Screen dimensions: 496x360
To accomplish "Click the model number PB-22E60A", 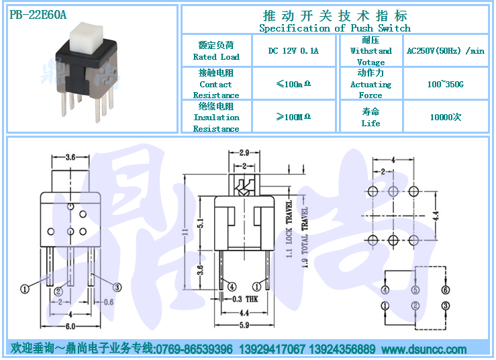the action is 38,15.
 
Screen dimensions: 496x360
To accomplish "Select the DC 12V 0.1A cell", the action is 293,50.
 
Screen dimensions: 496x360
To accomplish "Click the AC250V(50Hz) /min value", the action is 446,50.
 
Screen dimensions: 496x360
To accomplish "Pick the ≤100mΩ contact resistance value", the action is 293,84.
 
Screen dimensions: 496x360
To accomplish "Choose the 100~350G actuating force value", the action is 446,84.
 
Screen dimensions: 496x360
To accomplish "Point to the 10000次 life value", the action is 446,117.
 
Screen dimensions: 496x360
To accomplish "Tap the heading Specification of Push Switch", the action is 335,28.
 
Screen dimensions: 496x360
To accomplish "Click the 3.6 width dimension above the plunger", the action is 70,157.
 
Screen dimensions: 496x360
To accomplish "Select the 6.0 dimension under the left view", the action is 70,326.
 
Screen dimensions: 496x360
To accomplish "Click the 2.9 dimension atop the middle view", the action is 244,153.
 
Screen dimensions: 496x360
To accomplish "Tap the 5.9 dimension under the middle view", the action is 244,325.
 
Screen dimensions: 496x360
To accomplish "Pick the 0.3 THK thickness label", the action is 245,299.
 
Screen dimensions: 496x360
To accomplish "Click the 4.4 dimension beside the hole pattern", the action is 436,216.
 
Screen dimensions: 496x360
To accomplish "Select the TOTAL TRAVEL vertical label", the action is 305,238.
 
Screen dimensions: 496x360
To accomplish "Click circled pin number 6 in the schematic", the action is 446,289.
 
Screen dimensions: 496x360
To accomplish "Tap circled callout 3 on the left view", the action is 117,287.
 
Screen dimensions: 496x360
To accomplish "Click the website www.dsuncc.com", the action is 424,349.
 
